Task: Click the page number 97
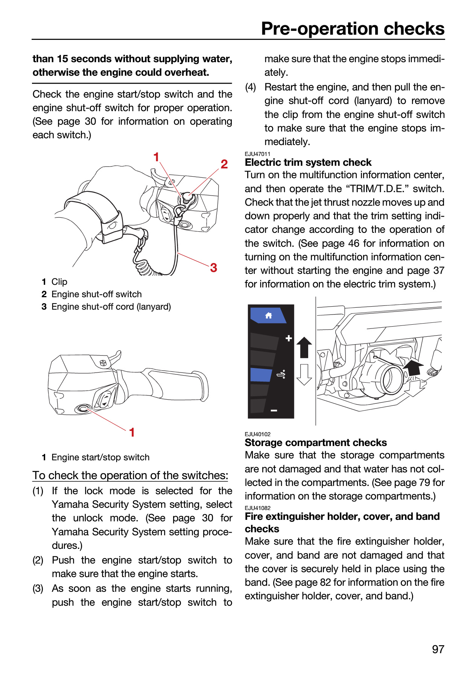tap(438, 649)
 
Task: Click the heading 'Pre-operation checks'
tap(353, 29)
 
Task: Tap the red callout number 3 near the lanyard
tap(213, 267)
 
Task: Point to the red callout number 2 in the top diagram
tap(224, 164)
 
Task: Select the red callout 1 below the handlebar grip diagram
tap(132, 432)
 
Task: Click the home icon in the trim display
tap(268, 315)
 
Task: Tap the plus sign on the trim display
tap(289, 338)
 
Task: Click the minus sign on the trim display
tap(274, 410)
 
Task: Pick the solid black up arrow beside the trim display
tap(304, 347)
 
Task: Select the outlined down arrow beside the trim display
tap(304, 374)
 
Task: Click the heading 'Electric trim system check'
tap(308, 162)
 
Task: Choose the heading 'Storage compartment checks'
tap(316, 443)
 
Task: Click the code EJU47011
tap(257, 154)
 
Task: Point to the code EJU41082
tap(257, 508)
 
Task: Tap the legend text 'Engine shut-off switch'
tap(97, 294)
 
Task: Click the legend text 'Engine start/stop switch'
tap(100, 457)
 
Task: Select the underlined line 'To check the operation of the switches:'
tap(130, 475)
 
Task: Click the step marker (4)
tap(251, 87)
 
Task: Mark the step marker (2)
tap(38, 560)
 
